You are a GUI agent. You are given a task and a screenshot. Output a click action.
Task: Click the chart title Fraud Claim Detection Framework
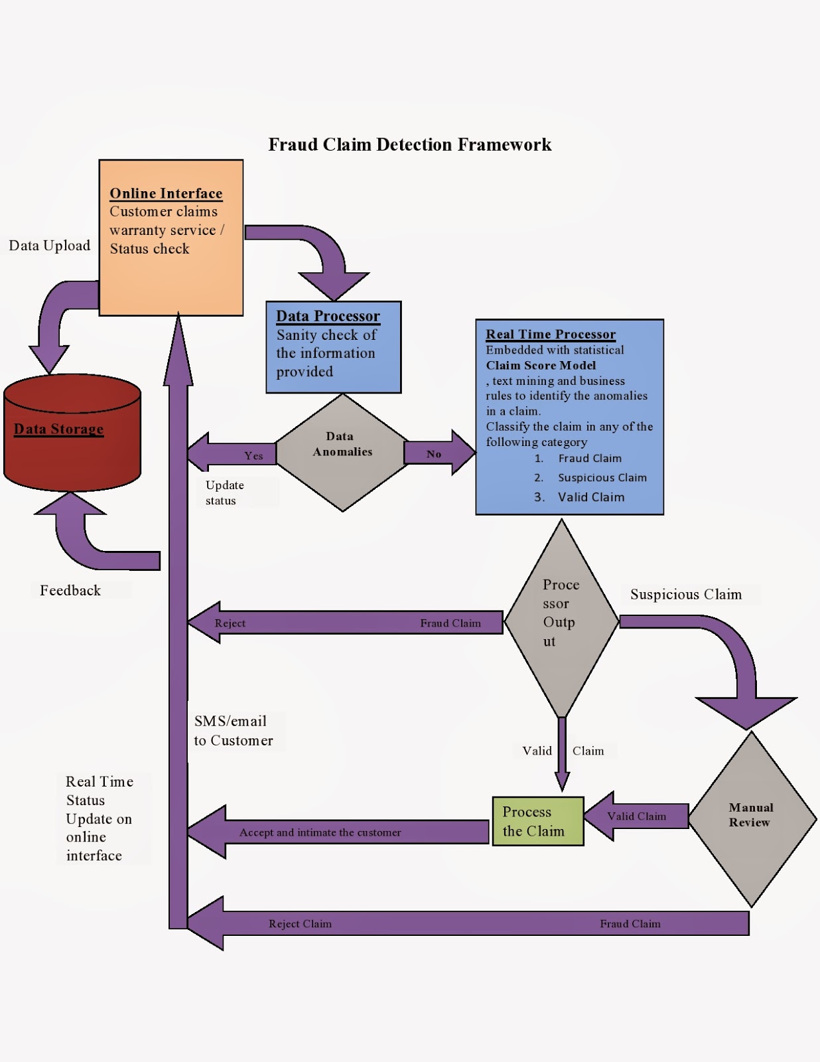pos(409,145)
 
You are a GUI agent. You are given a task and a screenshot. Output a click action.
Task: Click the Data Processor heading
pos(328,316)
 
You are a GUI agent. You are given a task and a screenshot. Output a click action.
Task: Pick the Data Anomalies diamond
pos(342,453)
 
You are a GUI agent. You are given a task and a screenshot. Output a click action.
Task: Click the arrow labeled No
pos(438,454)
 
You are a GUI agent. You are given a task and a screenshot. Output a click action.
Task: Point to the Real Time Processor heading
pos(551,335)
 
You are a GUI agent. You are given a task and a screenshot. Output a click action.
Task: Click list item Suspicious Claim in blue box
pos(602,478)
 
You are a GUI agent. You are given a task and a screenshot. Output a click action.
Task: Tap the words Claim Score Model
pos(541,366)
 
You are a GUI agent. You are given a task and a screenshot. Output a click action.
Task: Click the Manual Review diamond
pos(752,818)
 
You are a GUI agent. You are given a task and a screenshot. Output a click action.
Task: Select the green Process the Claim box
pos(537,822)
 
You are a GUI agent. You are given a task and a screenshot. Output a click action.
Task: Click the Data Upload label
pos(50,246)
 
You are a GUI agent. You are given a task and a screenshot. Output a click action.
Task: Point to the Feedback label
pos(70,591)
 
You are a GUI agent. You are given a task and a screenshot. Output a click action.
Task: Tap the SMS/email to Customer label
pos(233,731)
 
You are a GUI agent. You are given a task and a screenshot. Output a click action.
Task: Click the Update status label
pos(224,493)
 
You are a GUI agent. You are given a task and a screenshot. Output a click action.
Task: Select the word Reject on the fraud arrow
pos(230,623)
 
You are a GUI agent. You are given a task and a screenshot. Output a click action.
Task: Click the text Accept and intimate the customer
pos(320,832)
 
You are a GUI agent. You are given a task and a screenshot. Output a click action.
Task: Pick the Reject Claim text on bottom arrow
pos(300,924)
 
